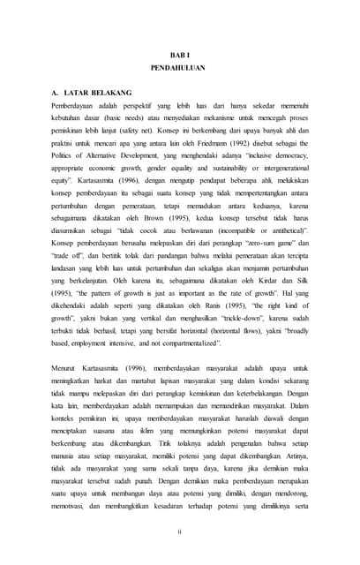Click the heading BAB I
pyautogui.click(x=179, y=53)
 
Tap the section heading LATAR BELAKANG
pyautogui.click(x=98, y=93)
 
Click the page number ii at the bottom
pyautogui.click(x=179, y=531)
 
